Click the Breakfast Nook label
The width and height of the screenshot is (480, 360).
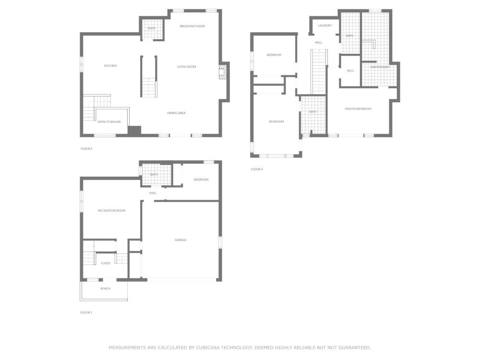coord(192,26)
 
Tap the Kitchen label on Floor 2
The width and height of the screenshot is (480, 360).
coord(110,66)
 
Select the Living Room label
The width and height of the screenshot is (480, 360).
coord(186,67)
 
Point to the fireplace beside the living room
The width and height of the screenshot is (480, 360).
coord(223,72)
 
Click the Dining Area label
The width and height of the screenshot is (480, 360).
coord(176,113)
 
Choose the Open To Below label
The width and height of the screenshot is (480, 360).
coord(109,122)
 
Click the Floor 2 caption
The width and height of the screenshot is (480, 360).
coord(86,149)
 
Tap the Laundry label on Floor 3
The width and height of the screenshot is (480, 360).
coord(325,26)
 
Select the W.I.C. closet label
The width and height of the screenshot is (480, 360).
coord(350,71)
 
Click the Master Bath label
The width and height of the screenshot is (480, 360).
coord(380,67)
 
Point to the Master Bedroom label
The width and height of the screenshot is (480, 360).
coord(358,108)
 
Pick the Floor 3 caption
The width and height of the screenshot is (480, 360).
coord(257,169)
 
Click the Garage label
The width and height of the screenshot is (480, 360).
coord(180,240)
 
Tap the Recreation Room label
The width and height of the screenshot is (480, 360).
coord(112,211)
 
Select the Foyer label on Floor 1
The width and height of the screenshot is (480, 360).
coord(105,263)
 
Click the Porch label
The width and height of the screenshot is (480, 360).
coord(105,288)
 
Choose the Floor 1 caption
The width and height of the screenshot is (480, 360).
coord(86,312)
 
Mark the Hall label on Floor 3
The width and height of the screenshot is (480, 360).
coord(318,43)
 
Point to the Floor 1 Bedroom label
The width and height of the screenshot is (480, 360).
coord(201,180)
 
